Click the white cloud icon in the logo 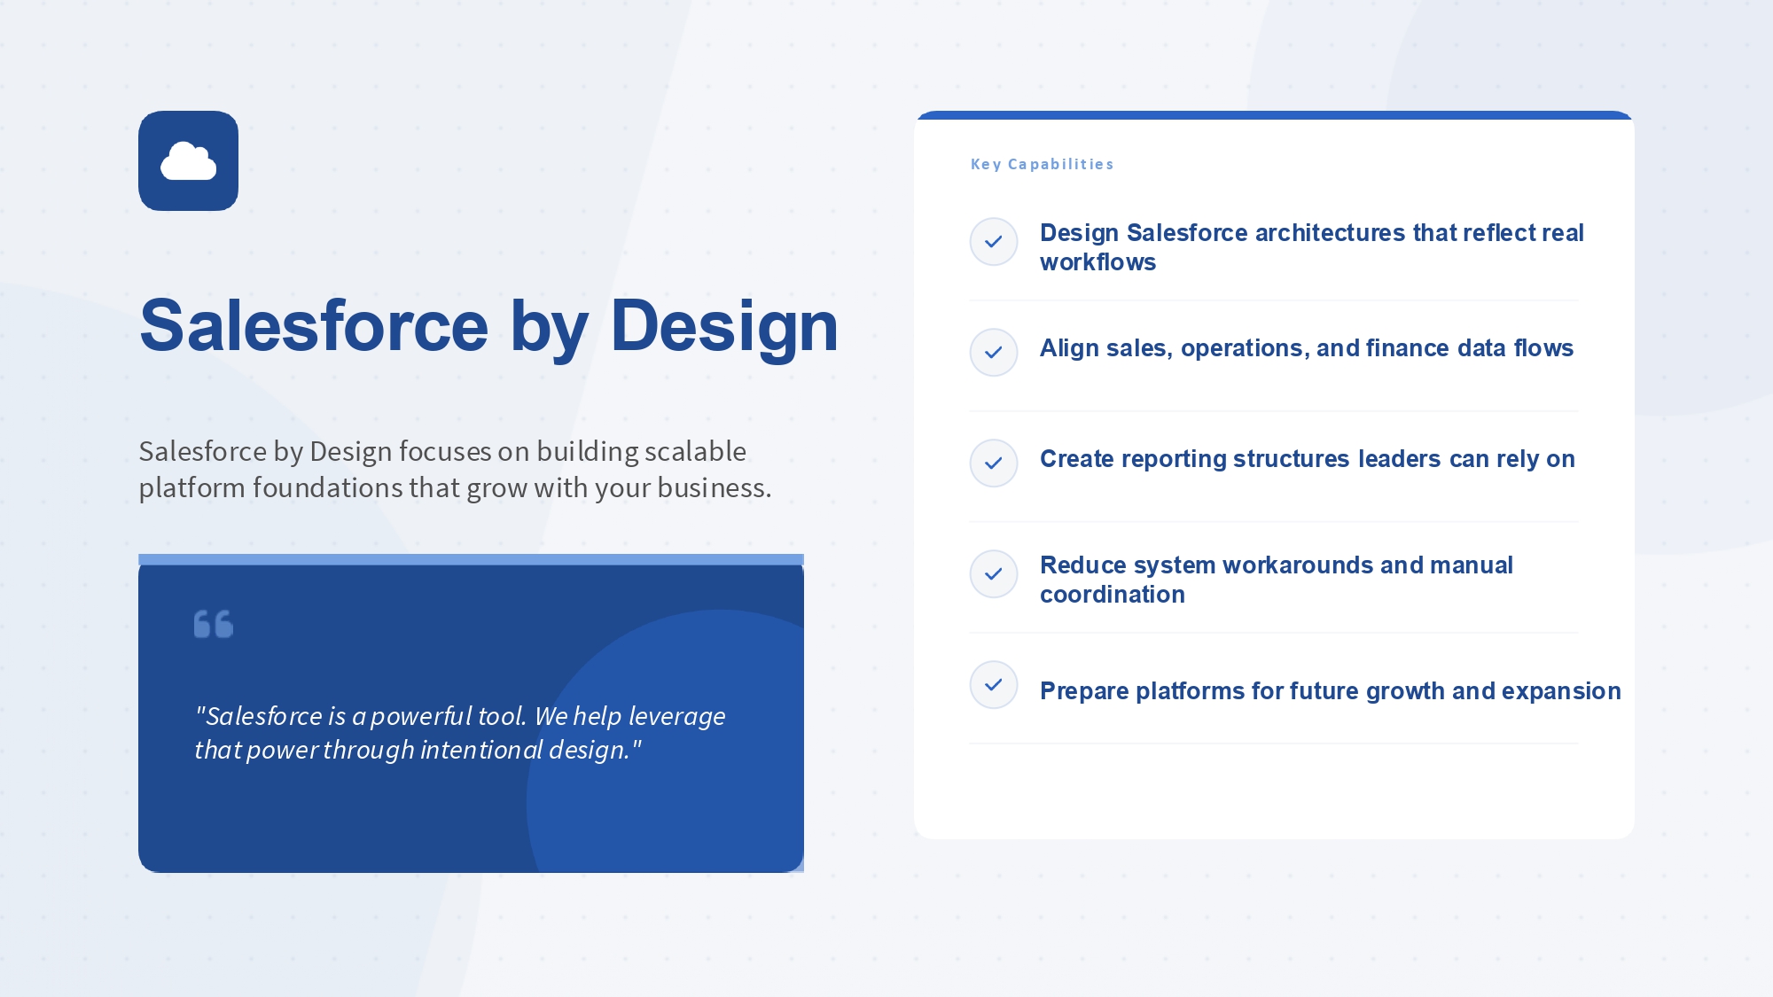(188, 160)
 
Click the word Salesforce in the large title (314, 326)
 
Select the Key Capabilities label (1042, 164)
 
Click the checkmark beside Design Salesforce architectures (994, 241)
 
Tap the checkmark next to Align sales (994, 352)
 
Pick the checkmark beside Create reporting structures (994, 463)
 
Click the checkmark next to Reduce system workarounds (994, 573)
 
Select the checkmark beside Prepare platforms (994, 684)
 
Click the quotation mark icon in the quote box (214, 624)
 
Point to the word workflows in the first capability (1097, 262)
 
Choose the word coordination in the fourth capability (1113, 595)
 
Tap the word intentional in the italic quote (481, 750)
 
